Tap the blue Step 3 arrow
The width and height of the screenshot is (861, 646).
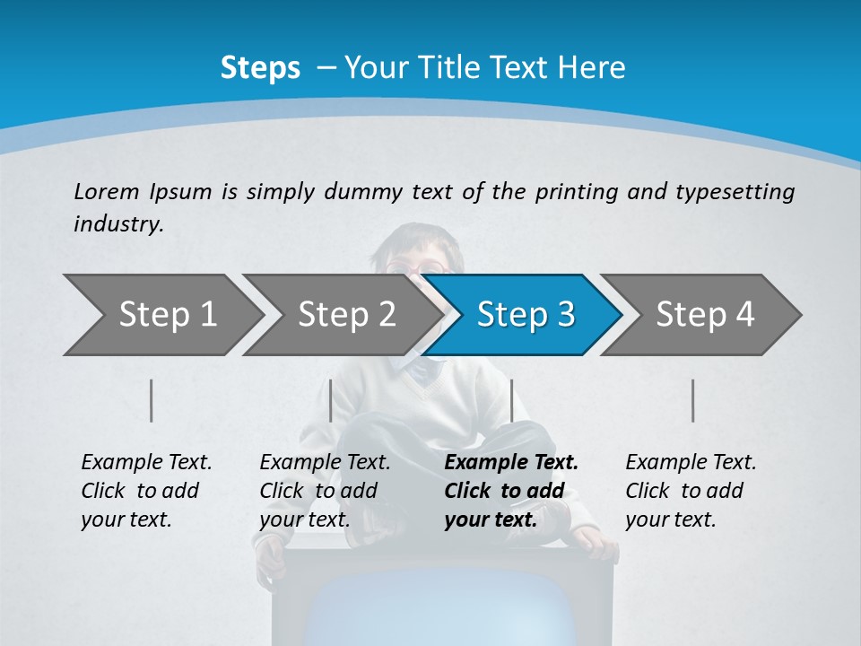point(526,315)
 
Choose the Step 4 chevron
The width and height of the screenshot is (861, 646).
point(705,315)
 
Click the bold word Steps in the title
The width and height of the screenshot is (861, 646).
point(260,68)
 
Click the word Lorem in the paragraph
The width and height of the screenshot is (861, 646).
point(105,191)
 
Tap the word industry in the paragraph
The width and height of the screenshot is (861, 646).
point(118,224)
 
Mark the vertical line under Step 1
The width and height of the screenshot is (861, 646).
point(151,400)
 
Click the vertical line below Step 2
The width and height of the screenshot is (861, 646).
point(331,400)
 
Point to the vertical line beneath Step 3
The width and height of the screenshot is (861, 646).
point(511,400)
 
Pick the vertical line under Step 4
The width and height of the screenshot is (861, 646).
point(692,400)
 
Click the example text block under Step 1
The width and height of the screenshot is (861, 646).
point(146,491)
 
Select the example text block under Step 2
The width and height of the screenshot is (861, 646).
point(325,491)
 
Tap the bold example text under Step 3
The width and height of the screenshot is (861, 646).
point(510,491)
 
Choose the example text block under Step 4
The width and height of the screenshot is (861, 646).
point(691,491)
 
